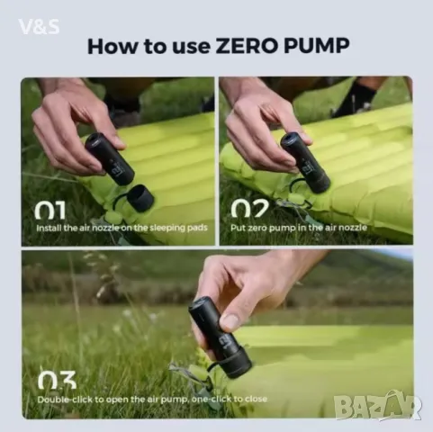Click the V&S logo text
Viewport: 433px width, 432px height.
point(39,27)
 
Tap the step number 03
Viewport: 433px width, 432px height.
point(56,380)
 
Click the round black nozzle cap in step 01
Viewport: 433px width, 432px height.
point(140,197)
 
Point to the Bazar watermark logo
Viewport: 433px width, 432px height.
point(377,406)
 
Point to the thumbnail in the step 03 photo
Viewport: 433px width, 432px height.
point(231,321)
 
